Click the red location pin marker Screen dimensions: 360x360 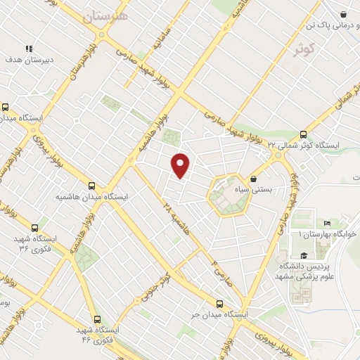click(181, 165)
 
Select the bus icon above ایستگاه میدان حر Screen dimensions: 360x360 click(220, 304)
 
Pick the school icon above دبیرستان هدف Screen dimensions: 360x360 click(29, 49)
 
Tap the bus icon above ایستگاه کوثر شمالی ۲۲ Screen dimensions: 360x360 click(304, 134)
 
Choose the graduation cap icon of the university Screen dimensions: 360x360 click(304, 255)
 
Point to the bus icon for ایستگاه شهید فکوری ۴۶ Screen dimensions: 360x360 click(97, 319)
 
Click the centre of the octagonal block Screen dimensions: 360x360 click(229, 195)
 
